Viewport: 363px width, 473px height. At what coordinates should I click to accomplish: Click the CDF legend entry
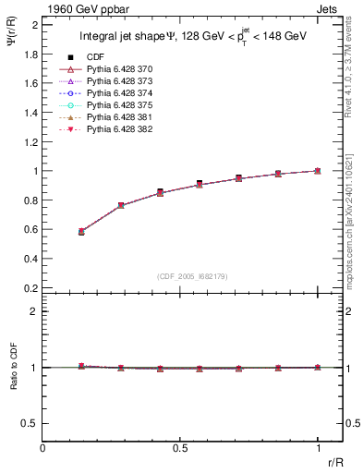click(x=95, y=57)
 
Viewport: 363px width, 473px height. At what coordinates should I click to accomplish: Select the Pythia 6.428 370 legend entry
click(x=121, y=69)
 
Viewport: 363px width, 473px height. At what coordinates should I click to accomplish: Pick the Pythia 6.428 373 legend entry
click(x=121, y=81)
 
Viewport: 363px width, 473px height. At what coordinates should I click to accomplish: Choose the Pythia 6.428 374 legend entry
click(x=121, y=93)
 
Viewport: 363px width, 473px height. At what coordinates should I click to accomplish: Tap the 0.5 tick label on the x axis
click(x=180, y=449)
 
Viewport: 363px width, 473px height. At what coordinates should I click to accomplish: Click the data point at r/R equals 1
click(x=318, y=171)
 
